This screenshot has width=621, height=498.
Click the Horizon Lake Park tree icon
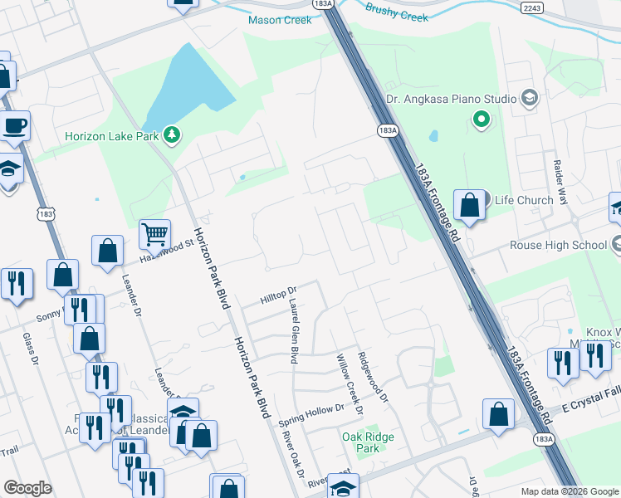[x=172, y=134]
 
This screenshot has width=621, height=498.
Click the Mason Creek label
[x=281, y=20]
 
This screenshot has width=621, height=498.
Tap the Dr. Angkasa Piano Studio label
[x=452, y=100]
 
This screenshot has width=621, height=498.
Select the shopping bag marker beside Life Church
[x=469, y=206]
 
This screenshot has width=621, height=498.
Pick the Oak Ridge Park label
[x=368, y=442]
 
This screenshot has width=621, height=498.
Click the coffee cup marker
[x=15, y=126]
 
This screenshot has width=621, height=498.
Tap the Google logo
[x=27, y=488]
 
